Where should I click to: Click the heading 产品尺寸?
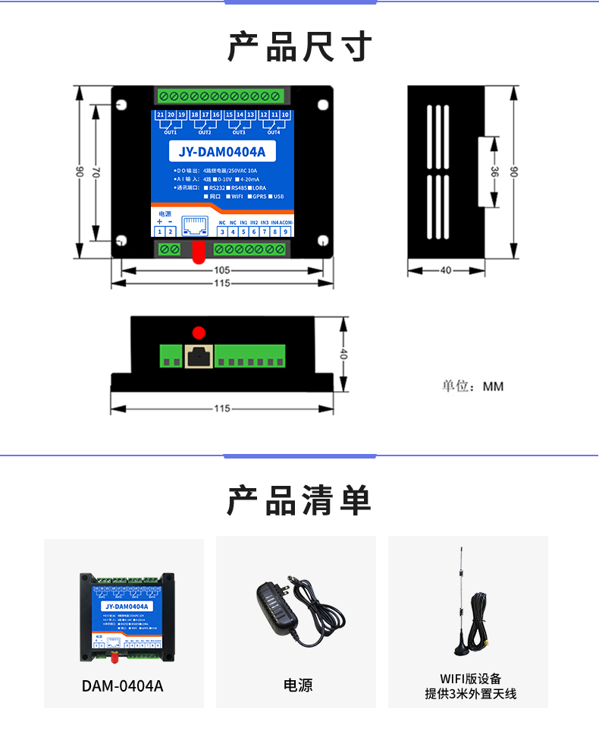(299, 47)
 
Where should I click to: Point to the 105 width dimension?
(222, 269)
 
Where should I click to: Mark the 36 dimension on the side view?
(494, 173)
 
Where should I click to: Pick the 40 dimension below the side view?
(446, 269)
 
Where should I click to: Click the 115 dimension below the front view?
(222, 408)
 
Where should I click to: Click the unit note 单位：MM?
(473, 386)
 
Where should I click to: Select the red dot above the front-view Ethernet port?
(199, 332)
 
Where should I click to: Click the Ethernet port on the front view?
(199, 355)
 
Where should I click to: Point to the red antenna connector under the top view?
(198, 253)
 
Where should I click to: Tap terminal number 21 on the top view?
(161, 115)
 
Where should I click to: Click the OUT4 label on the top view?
(274, 132)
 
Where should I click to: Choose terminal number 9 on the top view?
(285, 232)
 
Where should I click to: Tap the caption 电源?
(297, 686)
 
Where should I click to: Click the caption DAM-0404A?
(123, 686)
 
